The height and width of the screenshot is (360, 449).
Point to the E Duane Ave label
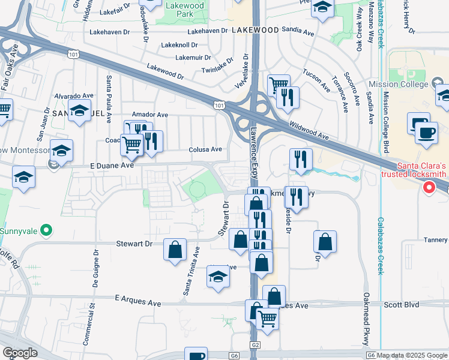click(112, 164)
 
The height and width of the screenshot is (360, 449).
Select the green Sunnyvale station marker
click(47, 230)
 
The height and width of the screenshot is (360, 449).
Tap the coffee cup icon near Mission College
click(427, 133)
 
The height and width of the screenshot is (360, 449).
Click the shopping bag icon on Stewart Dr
click(174, 251)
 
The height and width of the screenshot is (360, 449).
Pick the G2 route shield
click(256, 345)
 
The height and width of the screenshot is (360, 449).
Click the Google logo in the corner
click(20, 353)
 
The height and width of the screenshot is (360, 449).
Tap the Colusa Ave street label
click(205, 149)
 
